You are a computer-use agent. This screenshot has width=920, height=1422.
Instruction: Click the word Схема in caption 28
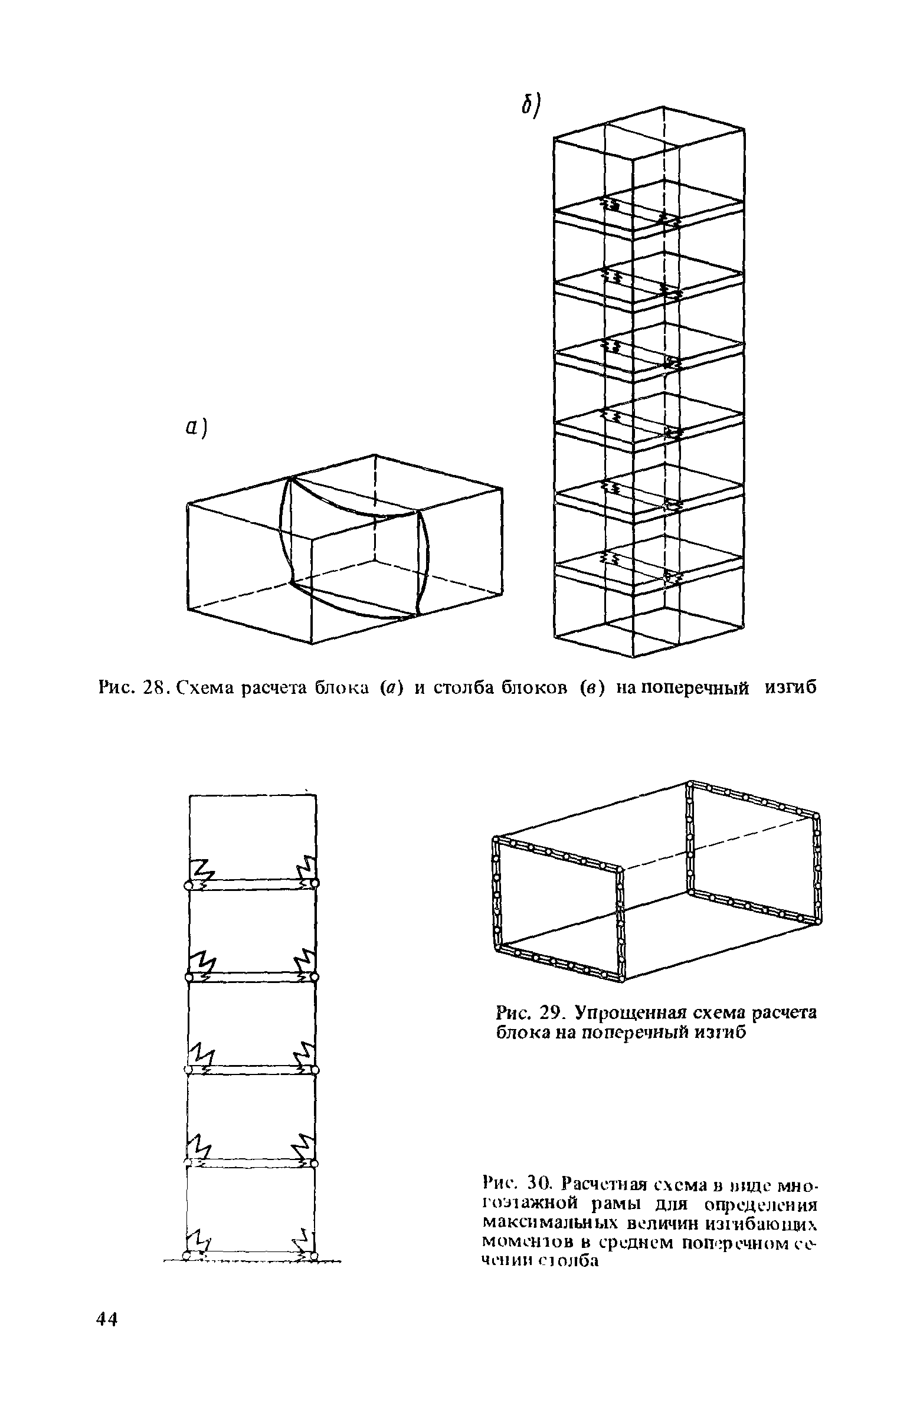pyautogui.click(x=207, y=688)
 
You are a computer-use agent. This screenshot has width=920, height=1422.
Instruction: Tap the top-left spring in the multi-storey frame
pyautogui.click(x=199, y=871)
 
